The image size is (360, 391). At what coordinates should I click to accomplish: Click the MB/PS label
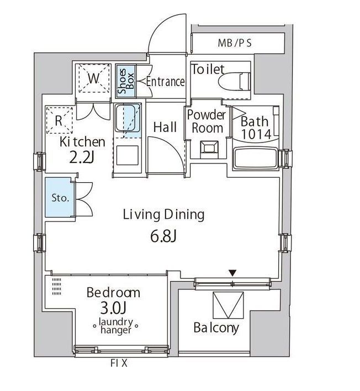coord(234,43)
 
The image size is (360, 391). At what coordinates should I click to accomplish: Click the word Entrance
coord(165,82)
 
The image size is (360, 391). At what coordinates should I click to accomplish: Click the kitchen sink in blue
coord(128,119)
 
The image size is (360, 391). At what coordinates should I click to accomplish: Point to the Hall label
coord(165,127)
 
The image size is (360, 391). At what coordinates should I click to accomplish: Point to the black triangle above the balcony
coord(233,272)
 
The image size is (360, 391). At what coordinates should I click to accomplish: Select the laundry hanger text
coord(115,326)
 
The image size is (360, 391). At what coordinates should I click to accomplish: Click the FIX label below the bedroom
coord(118,364)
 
